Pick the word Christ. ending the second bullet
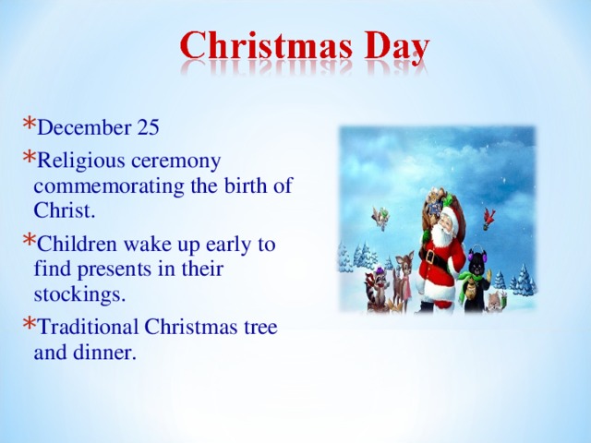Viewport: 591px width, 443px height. [x=63, y=210]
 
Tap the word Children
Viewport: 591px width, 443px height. [x=78, y=246]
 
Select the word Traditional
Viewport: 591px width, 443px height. [x=88, y=327]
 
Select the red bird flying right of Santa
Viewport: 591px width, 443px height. [x=489, y=218]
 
